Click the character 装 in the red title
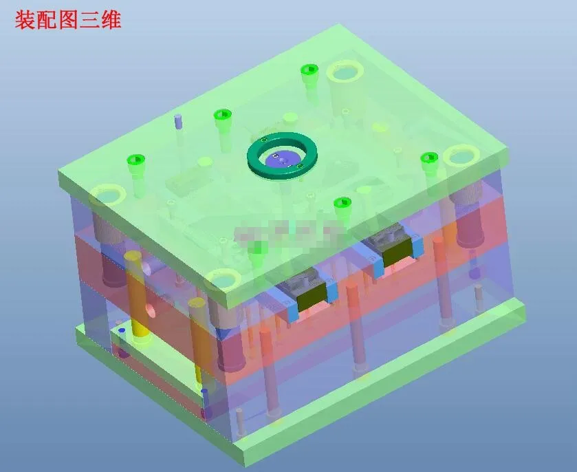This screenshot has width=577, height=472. point(25,20)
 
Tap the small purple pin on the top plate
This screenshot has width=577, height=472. point(178,122)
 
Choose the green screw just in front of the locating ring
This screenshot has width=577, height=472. point(342,204)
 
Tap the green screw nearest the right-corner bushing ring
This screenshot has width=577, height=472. point(429,160)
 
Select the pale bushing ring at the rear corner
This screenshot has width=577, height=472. point(345,72)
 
